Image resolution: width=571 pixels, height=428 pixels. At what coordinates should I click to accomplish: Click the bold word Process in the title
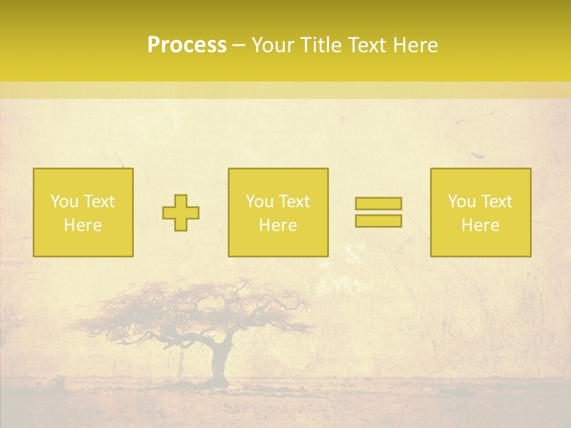tap(187, 45)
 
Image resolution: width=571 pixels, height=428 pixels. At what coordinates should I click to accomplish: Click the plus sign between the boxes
tap(181, 213)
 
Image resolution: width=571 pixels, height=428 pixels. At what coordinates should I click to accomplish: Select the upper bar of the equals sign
tap(378, 203)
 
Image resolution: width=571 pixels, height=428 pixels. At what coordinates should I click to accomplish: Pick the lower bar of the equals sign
tap(378, 221)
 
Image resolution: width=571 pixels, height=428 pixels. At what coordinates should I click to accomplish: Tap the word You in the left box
tap(64, 202)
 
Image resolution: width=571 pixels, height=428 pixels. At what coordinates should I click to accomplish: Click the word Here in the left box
tap(83, 225)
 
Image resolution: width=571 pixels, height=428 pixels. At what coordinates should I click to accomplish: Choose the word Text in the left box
tap(98, 202)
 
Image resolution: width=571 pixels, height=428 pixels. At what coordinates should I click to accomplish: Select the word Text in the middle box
tap(294, 202)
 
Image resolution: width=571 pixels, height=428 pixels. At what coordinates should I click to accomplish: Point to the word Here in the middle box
tap(278, 225)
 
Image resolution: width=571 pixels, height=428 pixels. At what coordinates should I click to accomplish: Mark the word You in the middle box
tap(259, 202)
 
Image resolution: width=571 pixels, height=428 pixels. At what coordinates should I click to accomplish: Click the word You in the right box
tap(461, 202)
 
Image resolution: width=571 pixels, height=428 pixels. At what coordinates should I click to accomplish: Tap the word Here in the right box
tap(480, 225)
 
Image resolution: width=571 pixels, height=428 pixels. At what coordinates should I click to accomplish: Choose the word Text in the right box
tap(496, 202)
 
